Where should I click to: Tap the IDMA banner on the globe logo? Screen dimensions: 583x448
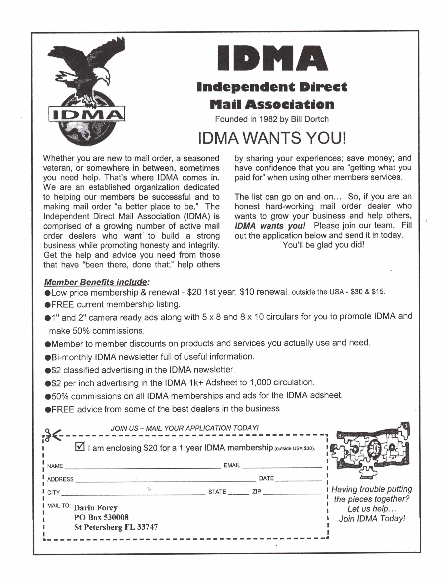pyautogui.click(x=87, y=114)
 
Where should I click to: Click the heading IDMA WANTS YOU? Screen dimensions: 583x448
pyautogui.click(x=272, y=138)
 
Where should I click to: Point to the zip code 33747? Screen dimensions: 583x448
pyautogui.click(x=147, y=527)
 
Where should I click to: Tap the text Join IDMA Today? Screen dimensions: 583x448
pyautogui.click(x=372, y=519)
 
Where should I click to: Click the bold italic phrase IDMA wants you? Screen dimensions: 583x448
pyautogui.click(x=270, y=226)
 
